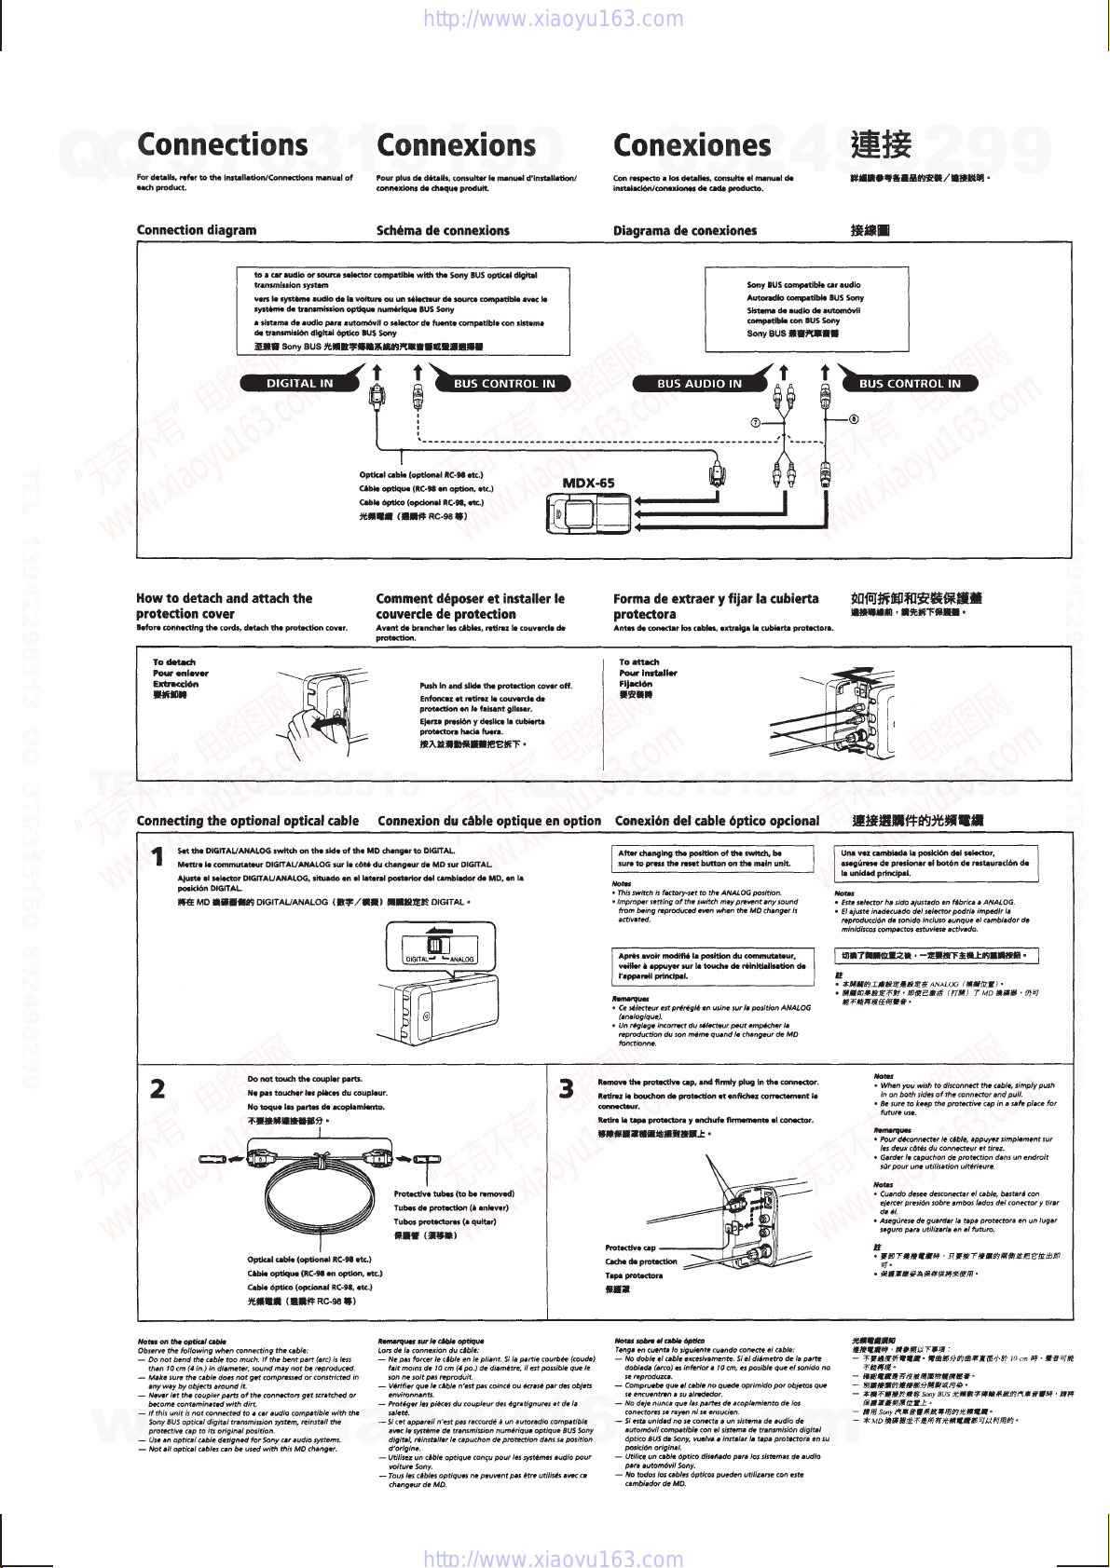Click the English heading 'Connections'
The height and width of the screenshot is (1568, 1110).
point(222,145)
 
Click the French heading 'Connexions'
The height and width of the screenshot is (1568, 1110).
point(456,145)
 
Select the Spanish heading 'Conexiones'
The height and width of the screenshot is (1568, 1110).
point(692,145)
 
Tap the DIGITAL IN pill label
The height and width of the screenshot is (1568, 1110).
point(299,383)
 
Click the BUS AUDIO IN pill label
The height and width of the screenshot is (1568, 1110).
point(699,383)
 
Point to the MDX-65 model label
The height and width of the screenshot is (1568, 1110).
point(588,483)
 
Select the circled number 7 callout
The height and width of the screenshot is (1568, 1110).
point(756,423)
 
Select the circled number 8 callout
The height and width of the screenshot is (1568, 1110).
point(853,418)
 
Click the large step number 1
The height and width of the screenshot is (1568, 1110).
point(158,855)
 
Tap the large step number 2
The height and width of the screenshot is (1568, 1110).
point(158,1088)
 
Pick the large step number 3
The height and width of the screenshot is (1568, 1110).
point(567,1088)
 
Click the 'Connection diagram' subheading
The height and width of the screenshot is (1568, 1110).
point(197,230)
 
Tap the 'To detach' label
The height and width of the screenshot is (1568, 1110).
point(174,662)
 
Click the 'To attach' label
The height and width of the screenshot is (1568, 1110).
point(639,662)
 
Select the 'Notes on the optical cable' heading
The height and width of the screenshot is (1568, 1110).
point(182,1342)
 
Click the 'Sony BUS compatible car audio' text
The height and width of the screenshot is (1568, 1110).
point(803,285)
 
